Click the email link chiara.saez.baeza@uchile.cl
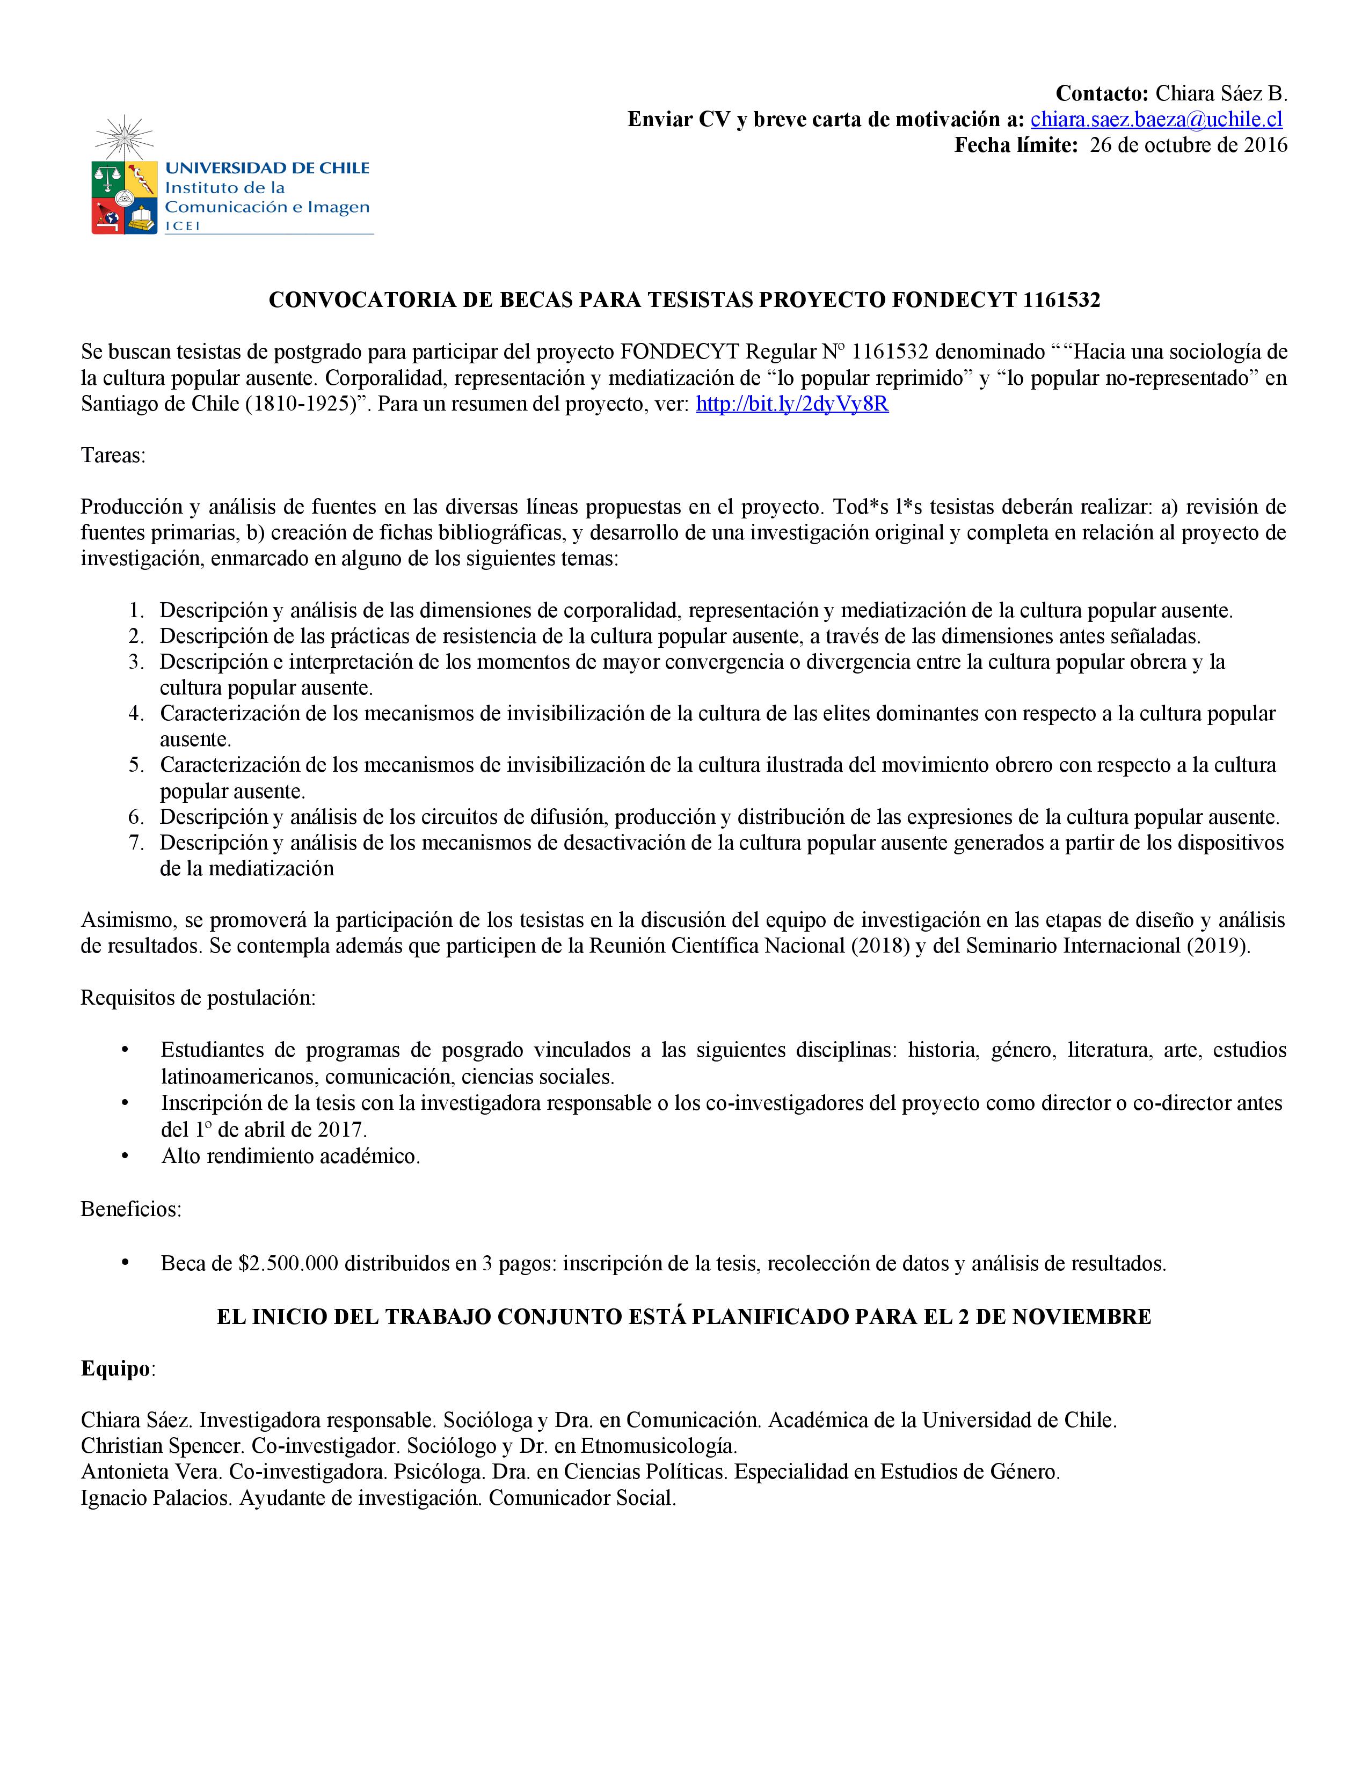1156,120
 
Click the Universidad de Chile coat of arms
123,197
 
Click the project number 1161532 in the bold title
1061,300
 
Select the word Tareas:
113,456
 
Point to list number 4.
136,714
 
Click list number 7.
136,843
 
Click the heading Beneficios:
130,1209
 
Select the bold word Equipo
115,1369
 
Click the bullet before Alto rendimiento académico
125,1155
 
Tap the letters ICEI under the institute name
183,226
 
